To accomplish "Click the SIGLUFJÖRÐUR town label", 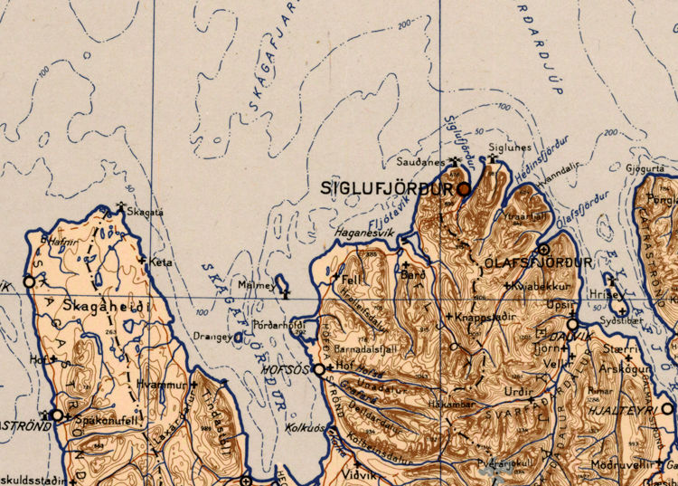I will pyautogui.click(x=386, y=189).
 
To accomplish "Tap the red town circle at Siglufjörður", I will pyautogui.click(x=465, y=189).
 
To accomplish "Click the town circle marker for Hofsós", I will pyautogui.click(x=319, y=368).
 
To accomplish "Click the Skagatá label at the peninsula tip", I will pyautogui.click(x=146, y=211).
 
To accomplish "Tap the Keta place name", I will pyautogui.click(x=161, y=262).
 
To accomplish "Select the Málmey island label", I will pyautogui.click(x=256, y=285).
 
